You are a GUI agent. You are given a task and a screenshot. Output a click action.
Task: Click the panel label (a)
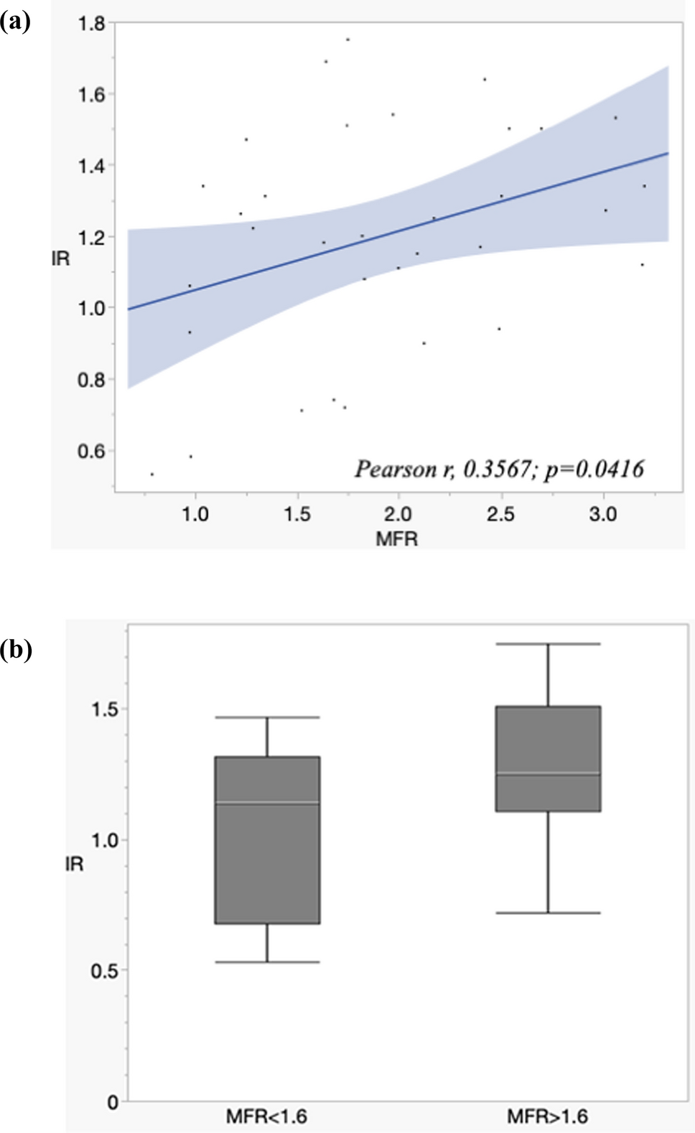coord(16,22)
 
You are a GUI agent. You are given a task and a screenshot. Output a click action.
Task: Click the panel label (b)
coord(16,650)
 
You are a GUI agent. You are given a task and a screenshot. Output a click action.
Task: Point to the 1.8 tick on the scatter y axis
coord(91,24)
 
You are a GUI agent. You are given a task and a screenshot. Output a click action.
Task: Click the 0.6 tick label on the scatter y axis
coord(91,451)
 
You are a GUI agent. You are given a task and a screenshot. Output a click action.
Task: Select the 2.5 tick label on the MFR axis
coord(500,514)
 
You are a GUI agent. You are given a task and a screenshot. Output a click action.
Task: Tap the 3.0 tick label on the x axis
coord(602,514)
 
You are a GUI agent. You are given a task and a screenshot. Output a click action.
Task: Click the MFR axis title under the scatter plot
coord(396,538)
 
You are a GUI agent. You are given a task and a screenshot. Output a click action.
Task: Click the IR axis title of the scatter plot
coord(61,258)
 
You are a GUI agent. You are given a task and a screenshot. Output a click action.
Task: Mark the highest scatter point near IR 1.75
coord(348,39)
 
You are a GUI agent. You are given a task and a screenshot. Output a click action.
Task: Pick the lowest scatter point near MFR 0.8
coord(151,474)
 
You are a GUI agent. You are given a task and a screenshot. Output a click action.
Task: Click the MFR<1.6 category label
coord(266,1116)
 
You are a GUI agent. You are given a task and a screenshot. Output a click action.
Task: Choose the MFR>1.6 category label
coord(547,1116)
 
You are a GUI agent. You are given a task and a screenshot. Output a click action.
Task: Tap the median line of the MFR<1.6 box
coord(267,803)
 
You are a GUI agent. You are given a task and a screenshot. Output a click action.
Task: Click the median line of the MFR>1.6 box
coord(548,773)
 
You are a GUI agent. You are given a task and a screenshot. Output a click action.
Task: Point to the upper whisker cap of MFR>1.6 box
coord(548,644)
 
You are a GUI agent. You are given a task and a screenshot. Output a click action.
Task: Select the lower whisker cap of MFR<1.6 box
coord(267,961)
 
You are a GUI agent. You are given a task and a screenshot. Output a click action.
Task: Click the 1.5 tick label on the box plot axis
coord(105,709)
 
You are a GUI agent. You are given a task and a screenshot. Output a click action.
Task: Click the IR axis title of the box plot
coord(75,864)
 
